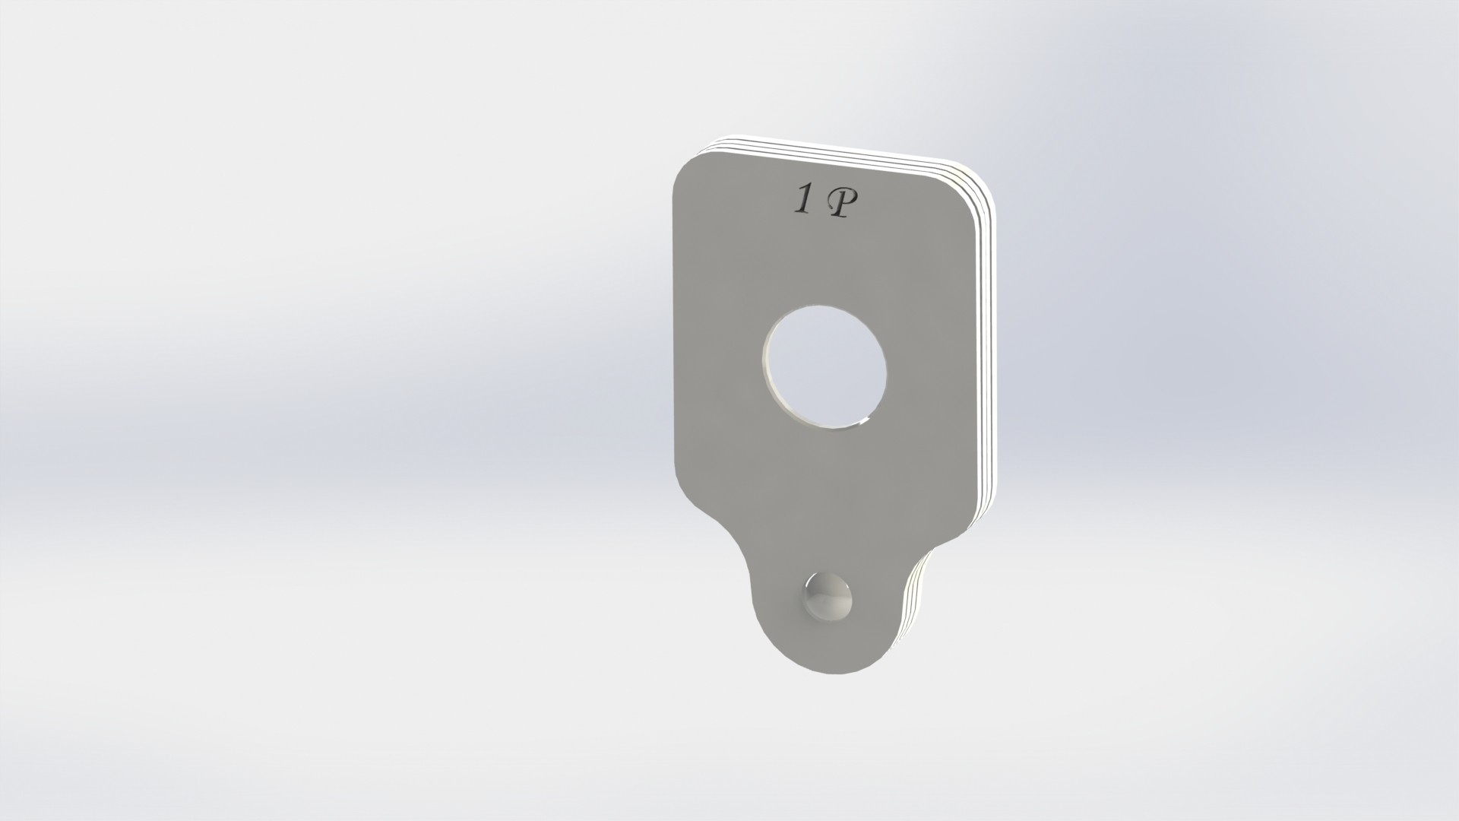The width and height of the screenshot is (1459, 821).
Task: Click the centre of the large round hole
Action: [825, 366]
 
